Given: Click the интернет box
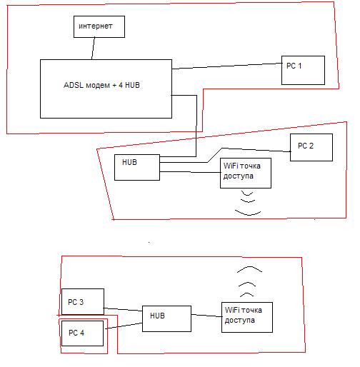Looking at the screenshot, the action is click(99, 26).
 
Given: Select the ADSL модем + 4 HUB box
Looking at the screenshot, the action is click(106, 89).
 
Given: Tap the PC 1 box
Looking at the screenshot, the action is click(303, 70).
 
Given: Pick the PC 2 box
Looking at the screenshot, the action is click(311, 147).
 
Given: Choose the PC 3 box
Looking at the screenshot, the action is click(83, 301).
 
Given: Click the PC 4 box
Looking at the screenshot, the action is click(82, 333).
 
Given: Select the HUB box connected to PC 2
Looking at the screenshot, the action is click(137, 167).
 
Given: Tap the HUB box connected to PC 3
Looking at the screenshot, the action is click(166, 318).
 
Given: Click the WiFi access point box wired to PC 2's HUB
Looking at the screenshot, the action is click(246, 173).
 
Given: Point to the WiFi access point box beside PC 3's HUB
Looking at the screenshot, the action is click(247, 317).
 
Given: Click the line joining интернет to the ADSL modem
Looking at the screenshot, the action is click(93, 49).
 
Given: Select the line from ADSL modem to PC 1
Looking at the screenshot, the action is click(226, 66).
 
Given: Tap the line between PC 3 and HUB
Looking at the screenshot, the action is click(123, 309).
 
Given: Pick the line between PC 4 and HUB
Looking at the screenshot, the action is click(124, 326).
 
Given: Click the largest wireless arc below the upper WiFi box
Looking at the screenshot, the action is click(248, 213).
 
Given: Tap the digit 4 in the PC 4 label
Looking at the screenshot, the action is click(82, 333).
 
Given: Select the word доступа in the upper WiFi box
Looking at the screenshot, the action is click(238, 176).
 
